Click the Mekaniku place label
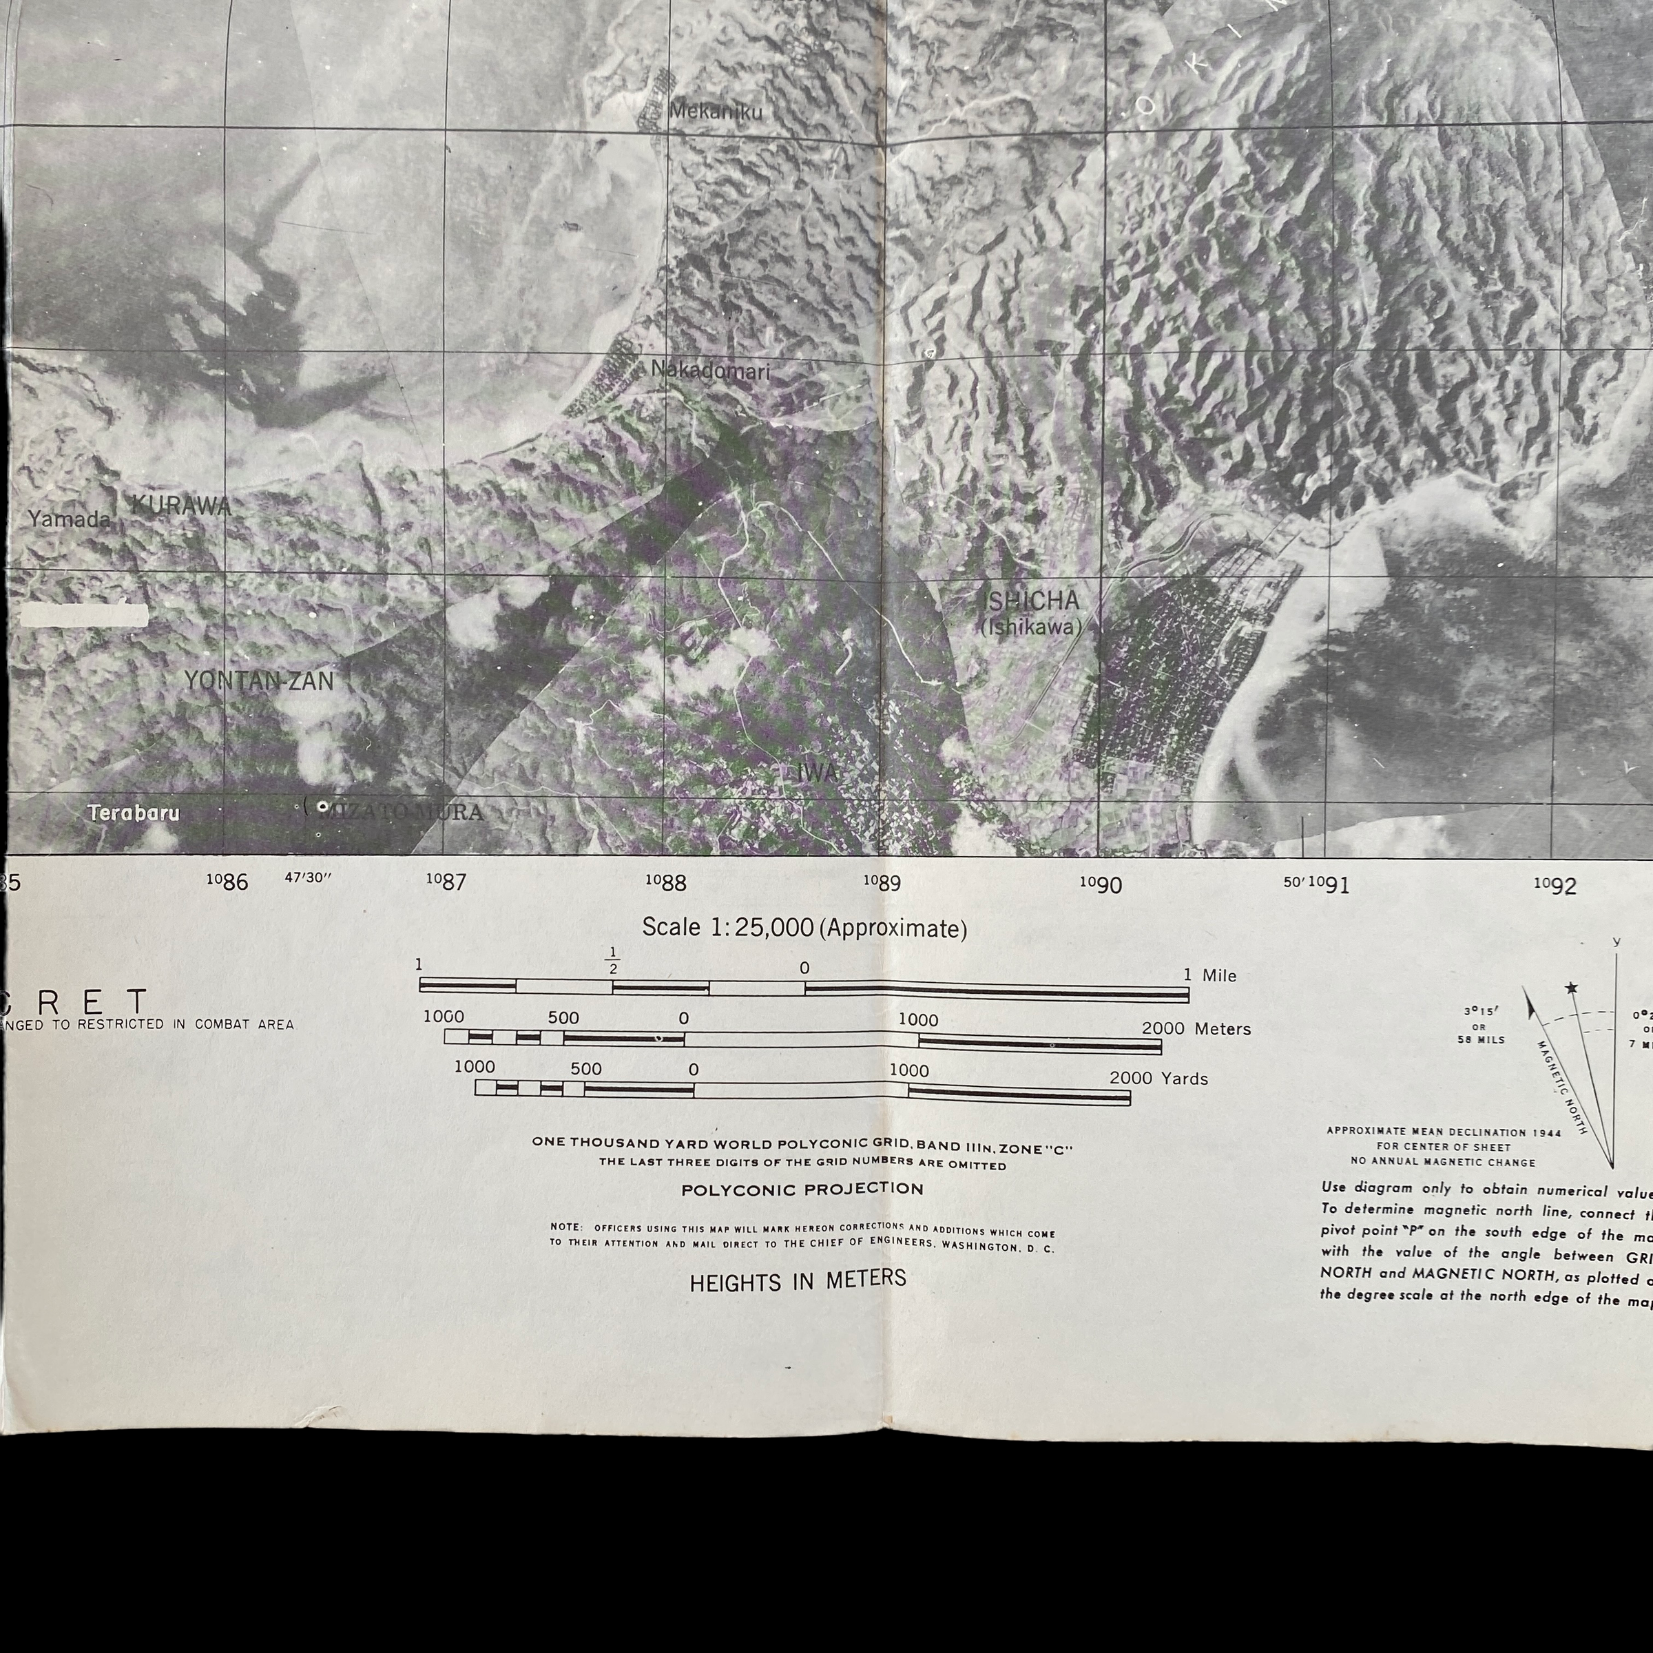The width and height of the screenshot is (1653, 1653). coord(716,111)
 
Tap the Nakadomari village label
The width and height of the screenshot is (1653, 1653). coord(710,371)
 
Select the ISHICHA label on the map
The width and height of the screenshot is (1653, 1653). coord(1032,601)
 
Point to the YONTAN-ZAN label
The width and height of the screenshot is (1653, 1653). coord(259,681)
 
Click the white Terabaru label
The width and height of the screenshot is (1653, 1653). coord(134,813)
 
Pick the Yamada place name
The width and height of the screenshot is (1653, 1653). coord(70,519)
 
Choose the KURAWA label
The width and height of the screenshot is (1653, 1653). coord(180,505)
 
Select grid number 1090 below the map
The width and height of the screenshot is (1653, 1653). coord(1101,884)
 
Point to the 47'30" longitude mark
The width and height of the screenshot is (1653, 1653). coord(307,878)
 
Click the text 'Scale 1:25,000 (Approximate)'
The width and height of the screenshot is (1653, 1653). coord(804,928)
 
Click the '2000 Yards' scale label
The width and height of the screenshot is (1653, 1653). coord(1158,1079)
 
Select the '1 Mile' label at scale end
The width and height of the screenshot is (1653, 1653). coord(1210,975)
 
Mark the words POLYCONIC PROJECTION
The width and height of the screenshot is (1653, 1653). coord(802,1189)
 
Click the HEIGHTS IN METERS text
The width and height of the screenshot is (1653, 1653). coord(798,1281)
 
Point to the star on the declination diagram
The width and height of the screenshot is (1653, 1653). coord(1571,988)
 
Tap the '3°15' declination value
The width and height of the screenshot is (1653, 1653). coord(1479,1011)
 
